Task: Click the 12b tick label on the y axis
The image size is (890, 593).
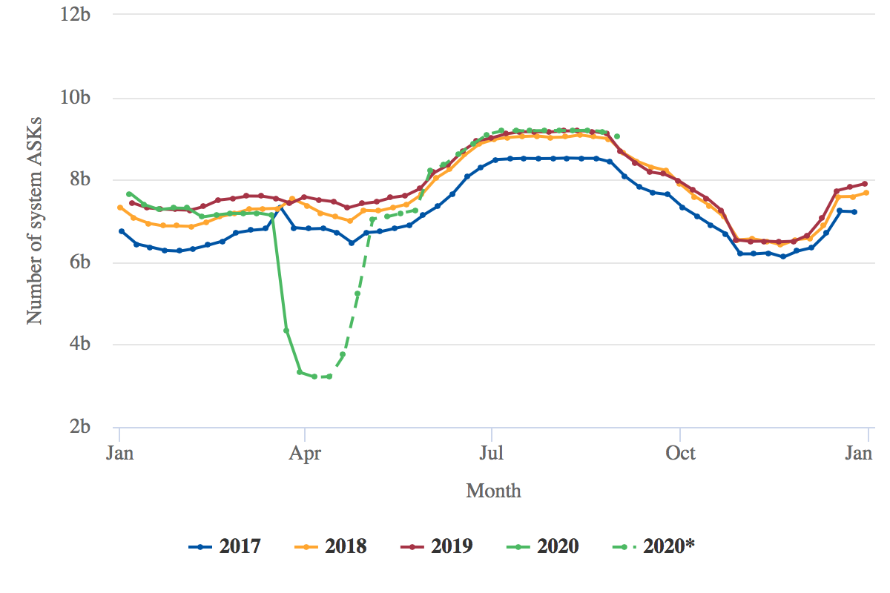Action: coord(76,15)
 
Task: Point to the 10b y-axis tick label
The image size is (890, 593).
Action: coord(76,98)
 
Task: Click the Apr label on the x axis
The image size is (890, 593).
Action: coord(304,453)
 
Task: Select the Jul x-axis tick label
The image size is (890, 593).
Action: coord(490,453)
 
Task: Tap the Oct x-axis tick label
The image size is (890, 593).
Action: coord(680,453)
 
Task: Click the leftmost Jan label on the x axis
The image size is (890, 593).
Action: coord(119,453)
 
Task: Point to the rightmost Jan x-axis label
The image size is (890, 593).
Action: coord(859,453)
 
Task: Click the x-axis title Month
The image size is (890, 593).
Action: coord(493,491)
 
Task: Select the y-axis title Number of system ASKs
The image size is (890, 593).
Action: coord(35,219)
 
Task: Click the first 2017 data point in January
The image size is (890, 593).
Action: coord(122,231)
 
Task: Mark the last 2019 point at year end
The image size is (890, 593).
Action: coord(865,184)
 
